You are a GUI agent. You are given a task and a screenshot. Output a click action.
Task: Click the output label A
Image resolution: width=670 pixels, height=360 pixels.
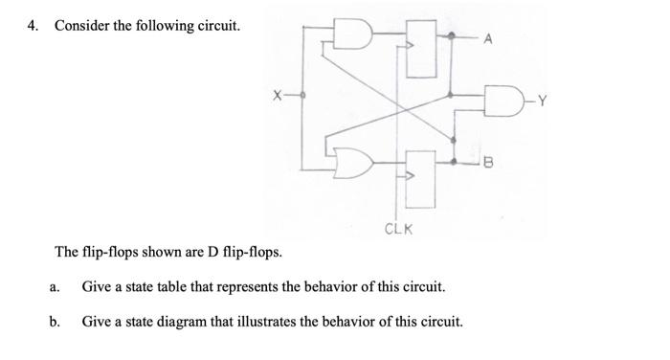coord(488,38)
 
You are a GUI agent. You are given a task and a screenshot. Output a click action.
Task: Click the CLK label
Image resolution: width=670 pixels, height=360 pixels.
coord(397,229)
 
